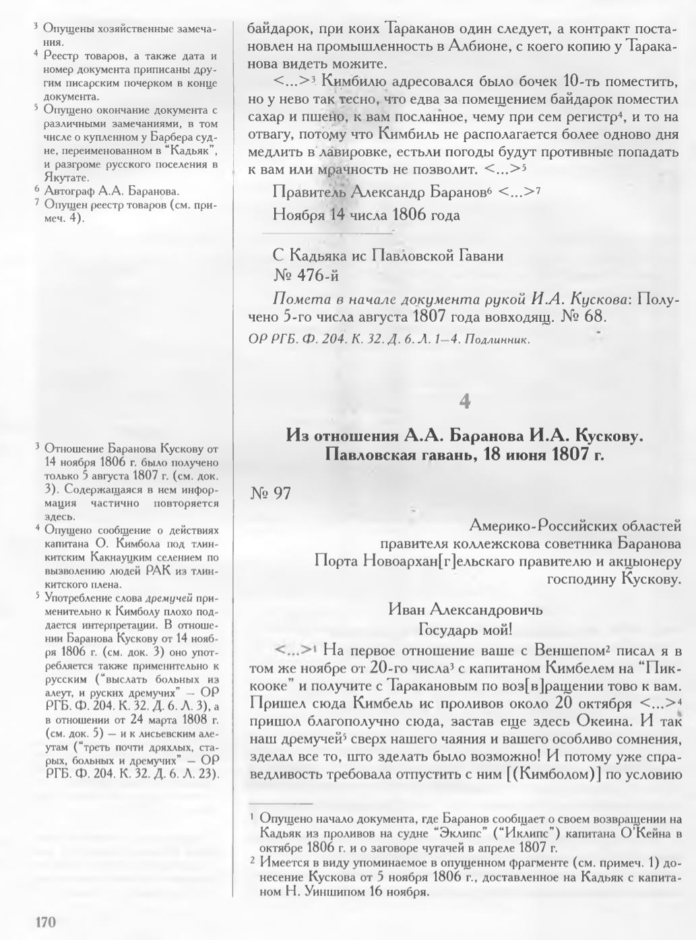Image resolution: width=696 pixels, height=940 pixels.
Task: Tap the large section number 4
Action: coord(464,402)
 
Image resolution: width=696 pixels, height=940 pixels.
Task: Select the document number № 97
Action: coord(270,494)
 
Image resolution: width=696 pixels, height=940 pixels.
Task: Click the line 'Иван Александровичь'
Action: coord(466,610)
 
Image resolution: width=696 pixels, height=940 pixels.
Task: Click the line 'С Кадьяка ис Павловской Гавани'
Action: coord(387,256)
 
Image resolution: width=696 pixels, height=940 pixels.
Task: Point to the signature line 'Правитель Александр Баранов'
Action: coord(377,193)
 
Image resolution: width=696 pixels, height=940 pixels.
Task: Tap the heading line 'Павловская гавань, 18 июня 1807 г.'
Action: coord(464,454)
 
